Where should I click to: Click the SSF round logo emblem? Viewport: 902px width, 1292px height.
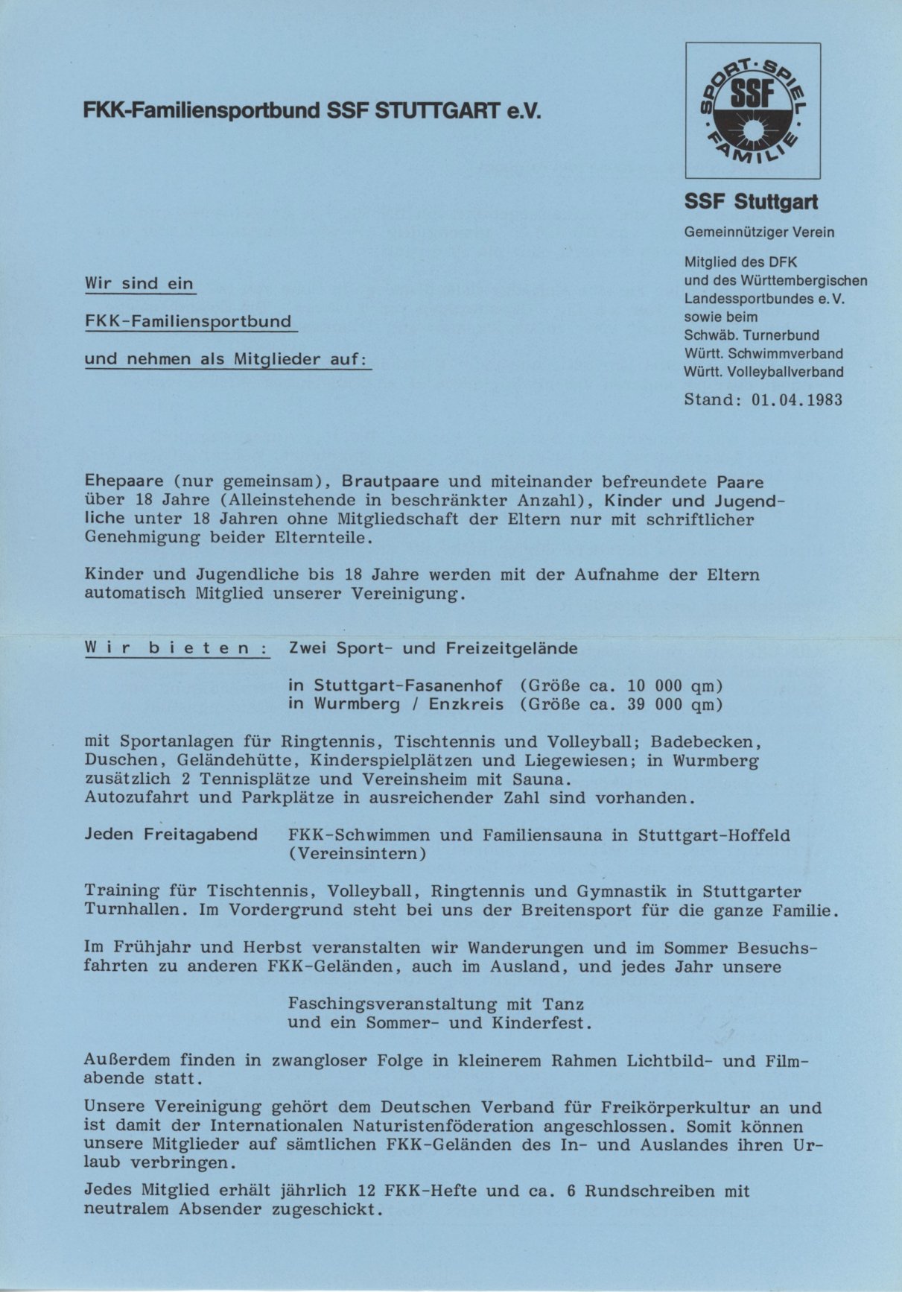[753, 110]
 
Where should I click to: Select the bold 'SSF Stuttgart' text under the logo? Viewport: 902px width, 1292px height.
[751, 202]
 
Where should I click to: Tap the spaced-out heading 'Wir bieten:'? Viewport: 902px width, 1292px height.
[177, 648]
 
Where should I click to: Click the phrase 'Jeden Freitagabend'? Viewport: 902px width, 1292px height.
[171, 835]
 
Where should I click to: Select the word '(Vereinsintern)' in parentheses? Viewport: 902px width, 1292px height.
[358, 854]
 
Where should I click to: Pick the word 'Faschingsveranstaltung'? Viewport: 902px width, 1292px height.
[393, 1004]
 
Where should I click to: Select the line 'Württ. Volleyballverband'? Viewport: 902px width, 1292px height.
[764, 372]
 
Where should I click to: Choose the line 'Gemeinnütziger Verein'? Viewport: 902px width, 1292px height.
[759, 232]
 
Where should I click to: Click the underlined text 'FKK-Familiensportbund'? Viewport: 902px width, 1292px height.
[188, 322]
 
